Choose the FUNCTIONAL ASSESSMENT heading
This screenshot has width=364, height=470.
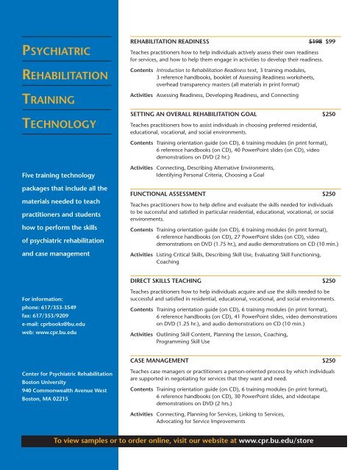click(173, 193)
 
